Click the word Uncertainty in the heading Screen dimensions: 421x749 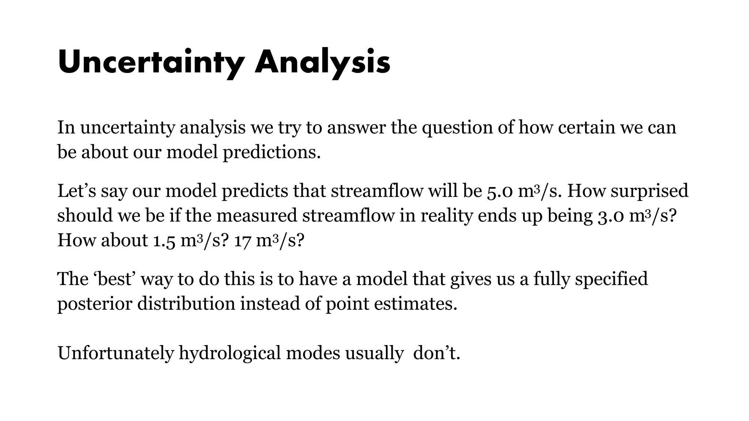point(150,62)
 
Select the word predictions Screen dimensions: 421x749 point(271,152)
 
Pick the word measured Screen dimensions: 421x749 point(256,216)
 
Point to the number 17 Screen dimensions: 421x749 point(242,241)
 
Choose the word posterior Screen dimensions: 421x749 point(94,304)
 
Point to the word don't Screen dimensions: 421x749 point(436,353)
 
